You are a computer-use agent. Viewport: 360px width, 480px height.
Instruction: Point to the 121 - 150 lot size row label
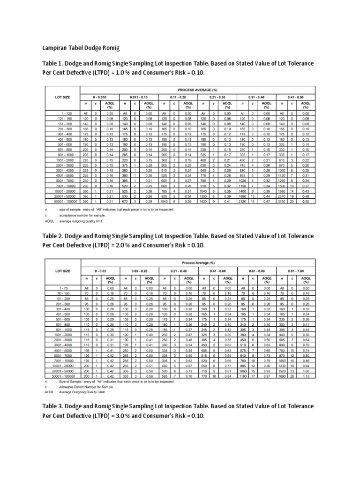(x=66, y=119)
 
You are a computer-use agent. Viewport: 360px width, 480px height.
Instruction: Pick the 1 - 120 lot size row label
(x=66, y=113)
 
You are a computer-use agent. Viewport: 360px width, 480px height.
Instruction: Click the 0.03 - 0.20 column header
(x=140, y=271)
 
